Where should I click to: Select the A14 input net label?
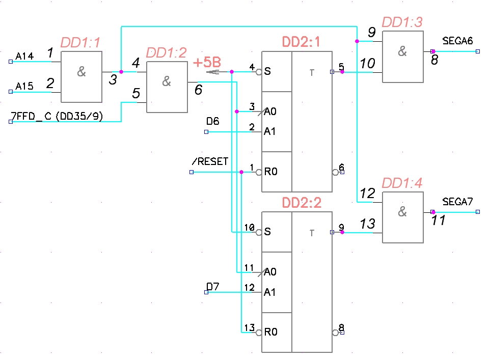[x=24, y=56]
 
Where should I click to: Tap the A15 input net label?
[x=24, y=87]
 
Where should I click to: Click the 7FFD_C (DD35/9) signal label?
[x=57, y=117]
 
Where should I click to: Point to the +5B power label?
[x=207, y=63]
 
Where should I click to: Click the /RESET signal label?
[x=210, y=162]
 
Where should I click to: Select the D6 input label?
[x=213, y=121]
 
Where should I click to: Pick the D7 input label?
[x=213, y=287]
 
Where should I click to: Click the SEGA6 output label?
[x=458, y=41]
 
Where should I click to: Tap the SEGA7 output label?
[x=458, y=202]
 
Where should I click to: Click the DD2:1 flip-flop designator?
[x=302, y=42]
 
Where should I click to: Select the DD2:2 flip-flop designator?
[x=302, y=203]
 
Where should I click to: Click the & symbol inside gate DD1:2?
[x=167, y=81]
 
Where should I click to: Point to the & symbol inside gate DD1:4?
[x=402, y=212]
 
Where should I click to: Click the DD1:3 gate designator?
[x=402, y=22]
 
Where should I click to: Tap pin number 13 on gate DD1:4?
[x=367, y=224]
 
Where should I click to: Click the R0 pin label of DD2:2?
[x=270, y=333]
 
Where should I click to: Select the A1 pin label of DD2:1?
[x=269, y=131]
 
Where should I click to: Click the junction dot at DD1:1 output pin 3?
[x=121, y=72]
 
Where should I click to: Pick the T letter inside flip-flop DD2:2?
[x=312, y=233]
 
